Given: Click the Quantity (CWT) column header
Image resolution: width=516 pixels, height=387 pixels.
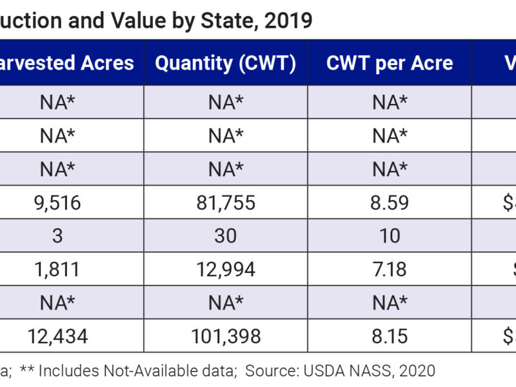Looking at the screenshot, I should pyautogui.click(x=225, y=63).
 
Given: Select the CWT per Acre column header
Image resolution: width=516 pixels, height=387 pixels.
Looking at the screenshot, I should pyautogui.click(x=390, y=63).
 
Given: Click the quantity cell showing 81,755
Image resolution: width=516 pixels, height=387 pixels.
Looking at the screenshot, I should pyautogui.click(x=225, y=203).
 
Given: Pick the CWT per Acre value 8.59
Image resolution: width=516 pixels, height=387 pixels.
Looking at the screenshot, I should pyautogui.click(x=390, y=203).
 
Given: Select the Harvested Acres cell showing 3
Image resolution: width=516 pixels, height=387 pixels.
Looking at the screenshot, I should pyautogui.click(x=57, y=236).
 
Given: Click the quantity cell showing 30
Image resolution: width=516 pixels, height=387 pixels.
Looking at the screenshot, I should pyautogui.click(x=225, y=236).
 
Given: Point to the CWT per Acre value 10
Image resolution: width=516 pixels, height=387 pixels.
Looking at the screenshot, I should pyautogui.click(x=390, y=236).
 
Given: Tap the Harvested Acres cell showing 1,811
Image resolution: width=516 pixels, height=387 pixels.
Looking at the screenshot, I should pyautogui.click(x=57, y=269).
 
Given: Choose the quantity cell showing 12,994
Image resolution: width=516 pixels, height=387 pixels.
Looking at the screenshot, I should pyautogui.click(x=225, y=269).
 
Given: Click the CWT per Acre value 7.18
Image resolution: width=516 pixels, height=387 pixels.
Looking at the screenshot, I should pyautogui.click(x=390, y=269).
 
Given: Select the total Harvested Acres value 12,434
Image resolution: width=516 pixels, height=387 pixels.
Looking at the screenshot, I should pyautogui.click(x=57, y=335).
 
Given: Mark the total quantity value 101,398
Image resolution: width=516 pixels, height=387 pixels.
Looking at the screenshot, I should pyautogui.click(x=225, y=335).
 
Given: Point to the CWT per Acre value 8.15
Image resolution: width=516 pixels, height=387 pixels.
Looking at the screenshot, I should pyautogui.click(x=390, y=335).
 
